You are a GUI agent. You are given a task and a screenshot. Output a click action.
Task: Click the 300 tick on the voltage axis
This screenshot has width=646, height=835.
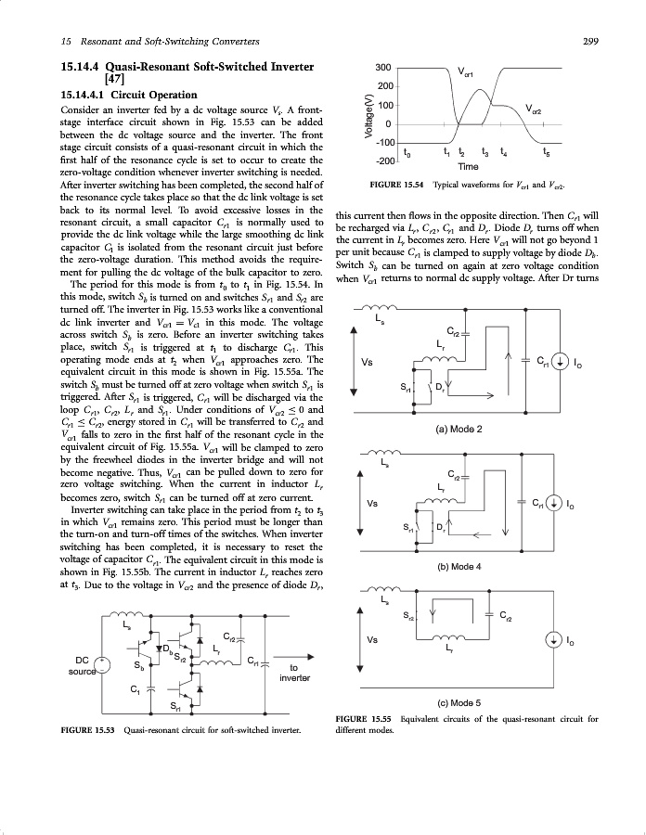point(381,68)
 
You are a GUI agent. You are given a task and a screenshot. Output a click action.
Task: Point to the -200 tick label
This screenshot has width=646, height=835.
point(379,161)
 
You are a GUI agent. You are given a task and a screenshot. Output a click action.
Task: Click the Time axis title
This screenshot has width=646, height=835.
point(469,166)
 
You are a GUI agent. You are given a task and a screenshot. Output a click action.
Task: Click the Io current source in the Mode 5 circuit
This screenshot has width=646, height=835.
point(554,640)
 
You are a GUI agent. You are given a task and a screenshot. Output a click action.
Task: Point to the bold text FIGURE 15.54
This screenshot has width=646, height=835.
point(397,186)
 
